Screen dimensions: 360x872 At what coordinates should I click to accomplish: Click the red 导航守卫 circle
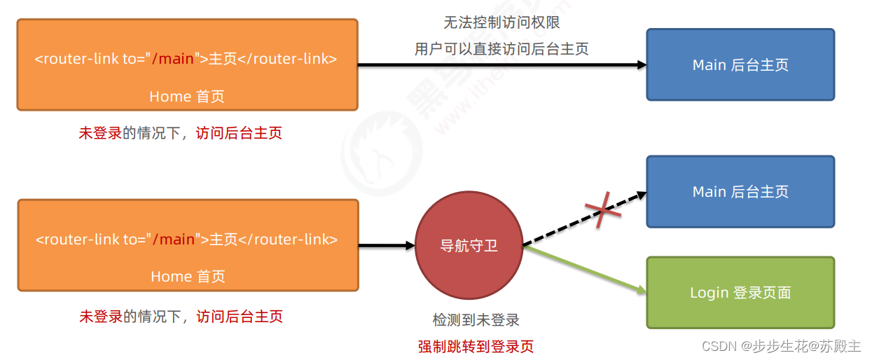[x=469, y=246]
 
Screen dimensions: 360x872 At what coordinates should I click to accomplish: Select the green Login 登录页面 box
[x=740, y=293]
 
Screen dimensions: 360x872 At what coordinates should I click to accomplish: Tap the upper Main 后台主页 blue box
[x=740, y=65]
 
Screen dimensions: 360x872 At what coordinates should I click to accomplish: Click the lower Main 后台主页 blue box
[x=740, y=192]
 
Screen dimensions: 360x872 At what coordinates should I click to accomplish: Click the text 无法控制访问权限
[x=501, y=23]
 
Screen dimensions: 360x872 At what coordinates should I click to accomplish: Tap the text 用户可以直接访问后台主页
[x=501, y=49]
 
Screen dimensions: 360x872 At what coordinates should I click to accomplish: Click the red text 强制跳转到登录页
[x=476, y=346]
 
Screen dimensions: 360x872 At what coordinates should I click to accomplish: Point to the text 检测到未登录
[x=476, y=320]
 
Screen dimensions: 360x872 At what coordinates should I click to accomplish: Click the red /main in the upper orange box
[x=173, y=59]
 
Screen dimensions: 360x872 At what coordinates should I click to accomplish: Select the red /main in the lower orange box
[x=174, y=240]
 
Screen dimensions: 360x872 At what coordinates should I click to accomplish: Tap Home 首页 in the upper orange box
[x=187, y=97]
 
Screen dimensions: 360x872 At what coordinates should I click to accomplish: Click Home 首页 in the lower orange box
[x=188, y=277]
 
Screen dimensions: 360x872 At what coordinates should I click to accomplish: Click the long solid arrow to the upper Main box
[x=501, y=65]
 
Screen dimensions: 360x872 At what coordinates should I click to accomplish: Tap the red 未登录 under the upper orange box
[x=100, y=133]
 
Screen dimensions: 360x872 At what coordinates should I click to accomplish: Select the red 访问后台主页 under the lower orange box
[x=240, y=317]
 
